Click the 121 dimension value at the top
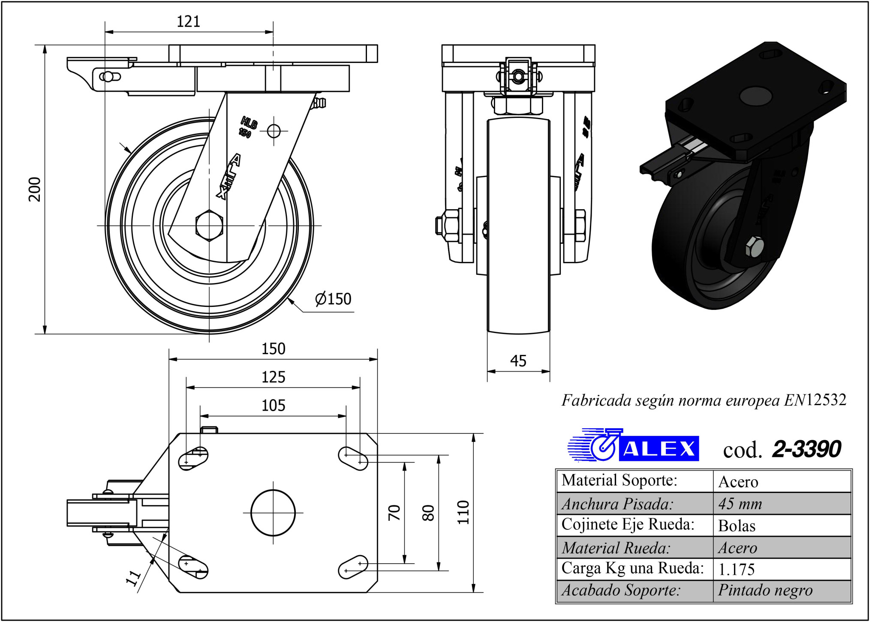[188, 21]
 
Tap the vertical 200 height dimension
[35, 189]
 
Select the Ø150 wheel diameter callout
[333, 299]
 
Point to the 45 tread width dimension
[518, 361]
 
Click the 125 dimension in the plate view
[273, 377]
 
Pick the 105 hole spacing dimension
[273, 406]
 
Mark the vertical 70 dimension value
[394, 513]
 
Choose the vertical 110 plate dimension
[463, 512]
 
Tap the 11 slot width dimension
[133, 578]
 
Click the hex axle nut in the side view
[209, 225]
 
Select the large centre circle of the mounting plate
[273, 513]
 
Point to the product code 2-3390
[806, 449]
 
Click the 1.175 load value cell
[737, 569]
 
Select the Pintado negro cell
[765, 591]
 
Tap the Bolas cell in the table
[737, 526]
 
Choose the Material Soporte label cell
[619, 481]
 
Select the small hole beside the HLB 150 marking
[274, 131]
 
